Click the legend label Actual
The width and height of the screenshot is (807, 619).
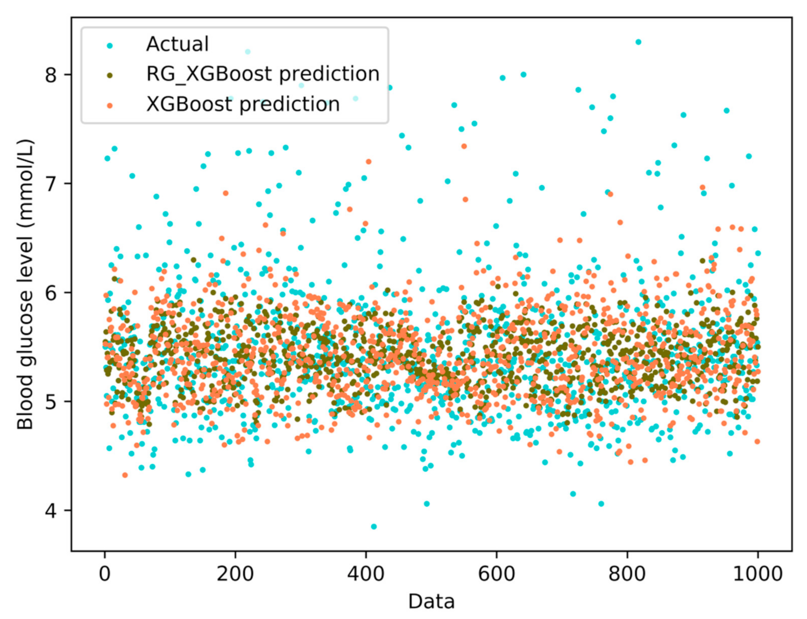click(177, 44)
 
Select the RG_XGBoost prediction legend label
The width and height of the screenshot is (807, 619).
click(263, 74)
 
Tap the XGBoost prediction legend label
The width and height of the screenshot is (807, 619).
click(243, 104)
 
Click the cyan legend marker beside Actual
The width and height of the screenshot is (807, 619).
click(110, 46)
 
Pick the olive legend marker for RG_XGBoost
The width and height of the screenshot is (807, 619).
click(110, 76)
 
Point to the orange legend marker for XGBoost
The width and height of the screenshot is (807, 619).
click(110, 106)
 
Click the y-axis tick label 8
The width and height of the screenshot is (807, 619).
click(51, 75)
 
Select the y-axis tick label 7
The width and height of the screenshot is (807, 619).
click(51, 184)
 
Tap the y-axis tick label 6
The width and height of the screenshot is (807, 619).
click(51, 293)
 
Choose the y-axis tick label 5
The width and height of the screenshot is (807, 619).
click(51, 402)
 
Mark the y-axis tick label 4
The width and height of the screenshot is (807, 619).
click(51, 510)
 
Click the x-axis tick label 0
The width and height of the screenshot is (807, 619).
click(105, 574)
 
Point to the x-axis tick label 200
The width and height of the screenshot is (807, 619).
click(235, 574)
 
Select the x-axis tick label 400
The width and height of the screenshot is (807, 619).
click(366, 574)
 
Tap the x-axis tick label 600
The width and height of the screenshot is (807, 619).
click(496, 574)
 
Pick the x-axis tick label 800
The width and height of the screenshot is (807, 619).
click(627, 574)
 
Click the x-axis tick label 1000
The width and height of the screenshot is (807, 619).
click(758, 574)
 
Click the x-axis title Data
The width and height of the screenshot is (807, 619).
click(431, 601)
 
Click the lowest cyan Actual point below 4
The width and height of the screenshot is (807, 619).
click(374, 526)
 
